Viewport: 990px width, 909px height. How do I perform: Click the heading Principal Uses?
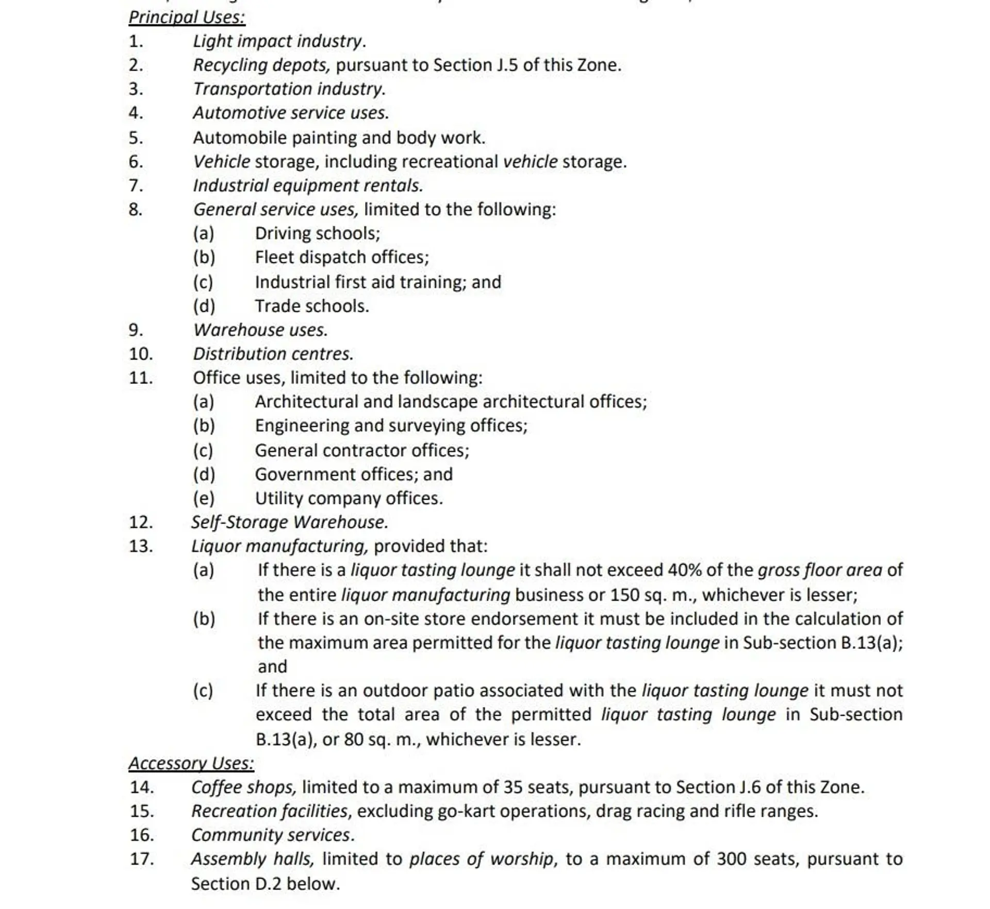coord(187,18)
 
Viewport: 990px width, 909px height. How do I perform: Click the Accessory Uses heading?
coord(191,763)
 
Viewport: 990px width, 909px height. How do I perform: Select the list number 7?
coord(136,186)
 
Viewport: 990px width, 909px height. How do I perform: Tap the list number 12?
coord(141,522)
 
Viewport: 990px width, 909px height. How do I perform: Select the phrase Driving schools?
coord(317,233)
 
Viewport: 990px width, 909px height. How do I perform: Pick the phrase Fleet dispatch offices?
coord(341,257)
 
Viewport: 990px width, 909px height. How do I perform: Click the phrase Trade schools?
coord(311,306)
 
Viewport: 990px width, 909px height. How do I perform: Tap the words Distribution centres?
coord(273,354)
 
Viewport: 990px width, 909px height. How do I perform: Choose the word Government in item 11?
coord(298,474)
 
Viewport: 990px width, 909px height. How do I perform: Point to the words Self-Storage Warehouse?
coord(289,522)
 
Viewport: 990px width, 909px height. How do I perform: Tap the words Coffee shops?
coord(243,787)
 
